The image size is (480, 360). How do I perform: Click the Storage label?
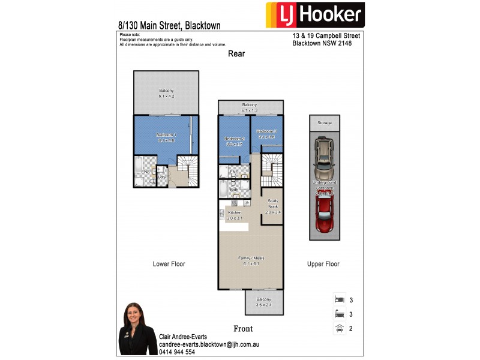tap(325, 123)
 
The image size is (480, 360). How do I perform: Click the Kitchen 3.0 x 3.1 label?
tap(235, 215)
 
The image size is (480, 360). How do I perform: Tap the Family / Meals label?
tap(254, 260)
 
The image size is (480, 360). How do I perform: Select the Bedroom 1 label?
tap(166, 137)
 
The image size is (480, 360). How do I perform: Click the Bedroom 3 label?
tap(266, 134)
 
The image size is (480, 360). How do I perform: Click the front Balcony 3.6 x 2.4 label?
tap(264, 302)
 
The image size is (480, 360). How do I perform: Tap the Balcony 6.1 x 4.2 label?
tap(166, 93)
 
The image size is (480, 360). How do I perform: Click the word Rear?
tap(236, 54)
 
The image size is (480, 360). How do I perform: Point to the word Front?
tap(243, 329)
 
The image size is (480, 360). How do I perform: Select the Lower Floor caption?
tap(169, 264)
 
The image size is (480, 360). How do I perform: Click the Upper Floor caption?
tap(323, 264)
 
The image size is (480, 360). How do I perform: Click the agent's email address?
tap(209, 345)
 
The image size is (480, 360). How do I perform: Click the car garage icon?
tap(340, 328)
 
